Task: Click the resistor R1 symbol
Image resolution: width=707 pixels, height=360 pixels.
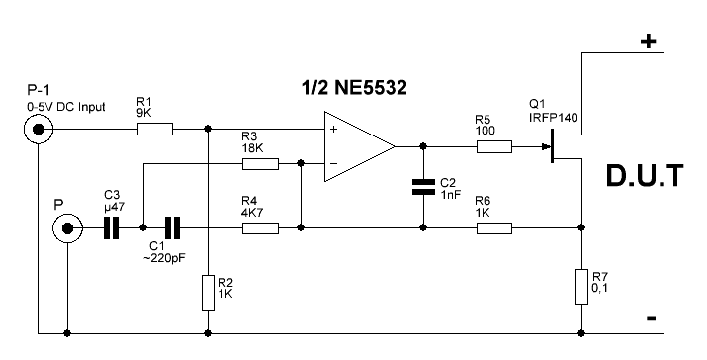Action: point(154,129)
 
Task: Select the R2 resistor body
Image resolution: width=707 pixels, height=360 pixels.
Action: point(208,293)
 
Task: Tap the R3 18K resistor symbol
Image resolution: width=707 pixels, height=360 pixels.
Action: point(260,164)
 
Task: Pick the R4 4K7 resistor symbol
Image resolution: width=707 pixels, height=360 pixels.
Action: point(260,227)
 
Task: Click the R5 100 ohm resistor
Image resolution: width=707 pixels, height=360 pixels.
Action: point(494,146)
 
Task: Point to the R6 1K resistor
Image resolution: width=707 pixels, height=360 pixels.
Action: point(494,227)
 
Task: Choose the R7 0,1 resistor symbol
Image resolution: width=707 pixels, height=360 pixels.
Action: point(581,287)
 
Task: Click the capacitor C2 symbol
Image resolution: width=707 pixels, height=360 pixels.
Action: point(423,187)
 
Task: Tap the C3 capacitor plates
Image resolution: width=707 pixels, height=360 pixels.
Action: point(111,227)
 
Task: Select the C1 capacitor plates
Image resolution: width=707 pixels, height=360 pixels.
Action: point(172,227)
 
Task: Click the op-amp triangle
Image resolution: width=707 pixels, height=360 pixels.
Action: point(359,146)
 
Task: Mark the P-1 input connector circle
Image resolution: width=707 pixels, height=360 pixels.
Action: point(39,130)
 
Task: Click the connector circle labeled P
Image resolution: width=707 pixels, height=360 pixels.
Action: point(67,228)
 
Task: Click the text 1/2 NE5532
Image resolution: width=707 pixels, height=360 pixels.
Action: point(354,87)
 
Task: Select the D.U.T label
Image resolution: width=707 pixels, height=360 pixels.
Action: point(645,176)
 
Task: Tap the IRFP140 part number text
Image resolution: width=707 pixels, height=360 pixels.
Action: point(554,118)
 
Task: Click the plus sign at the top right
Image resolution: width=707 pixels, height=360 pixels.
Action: point(649,42)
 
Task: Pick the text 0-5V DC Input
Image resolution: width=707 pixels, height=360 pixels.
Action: point(66,108)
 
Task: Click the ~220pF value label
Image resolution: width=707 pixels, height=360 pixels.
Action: point(164,258)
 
